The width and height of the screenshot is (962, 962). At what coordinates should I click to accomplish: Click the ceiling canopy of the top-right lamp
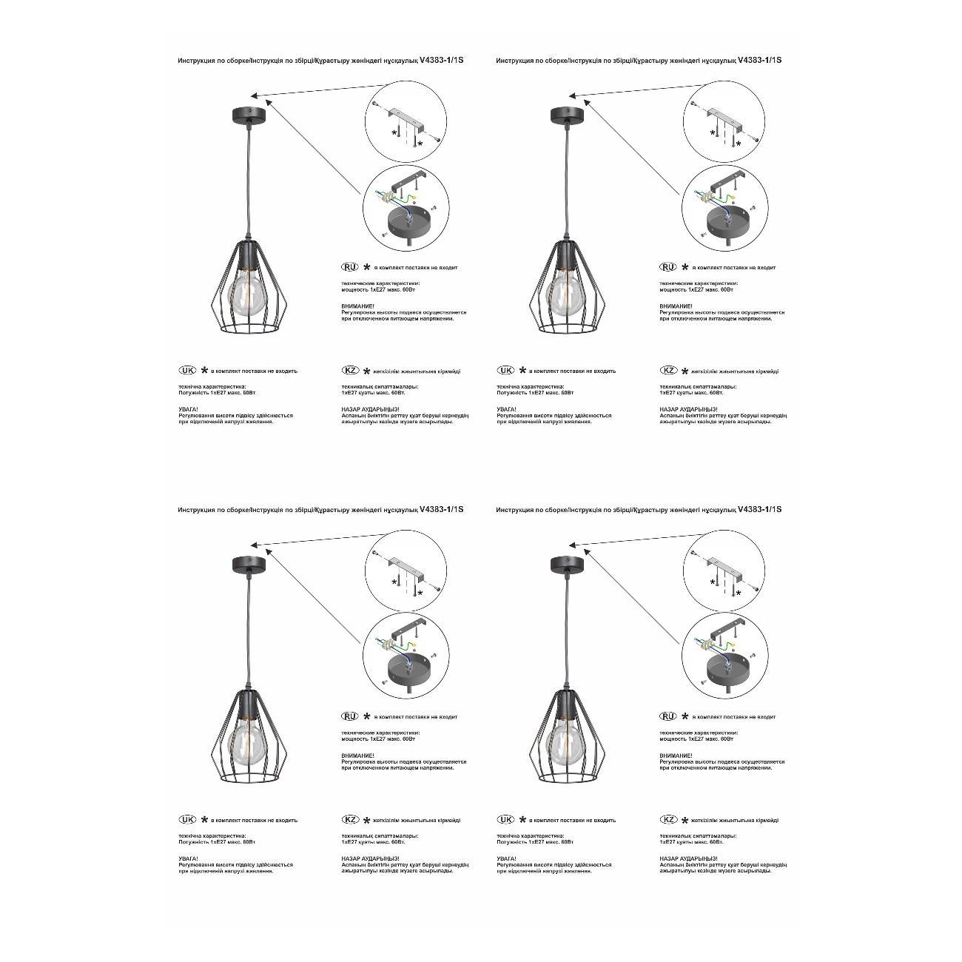point(567,113)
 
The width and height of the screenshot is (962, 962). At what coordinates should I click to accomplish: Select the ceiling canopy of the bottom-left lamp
point(249,564)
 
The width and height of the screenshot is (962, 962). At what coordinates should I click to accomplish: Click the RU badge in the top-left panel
point(349,266)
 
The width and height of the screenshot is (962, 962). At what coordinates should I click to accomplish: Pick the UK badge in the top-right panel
point(506,370)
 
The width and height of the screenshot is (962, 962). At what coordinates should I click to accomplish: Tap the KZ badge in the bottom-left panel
point(350,820)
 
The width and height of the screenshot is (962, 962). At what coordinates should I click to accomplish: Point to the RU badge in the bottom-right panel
point(667,716)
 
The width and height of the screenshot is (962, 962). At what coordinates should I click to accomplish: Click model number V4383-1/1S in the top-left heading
point(442,60)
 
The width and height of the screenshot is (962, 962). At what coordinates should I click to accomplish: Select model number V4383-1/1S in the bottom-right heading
point(760,509)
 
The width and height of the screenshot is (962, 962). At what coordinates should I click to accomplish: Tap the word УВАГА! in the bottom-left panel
point(188,858)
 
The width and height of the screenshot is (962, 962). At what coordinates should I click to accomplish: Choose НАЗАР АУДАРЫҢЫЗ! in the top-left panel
point(370,408)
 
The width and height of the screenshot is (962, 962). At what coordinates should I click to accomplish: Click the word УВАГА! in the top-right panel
point(506,408)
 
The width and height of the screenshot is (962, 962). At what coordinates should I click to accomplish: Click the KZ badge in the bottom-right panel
point(668,820)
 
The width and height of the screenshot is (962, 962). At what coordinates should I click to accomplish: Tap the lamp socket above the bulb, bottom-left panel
point(249,707)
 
